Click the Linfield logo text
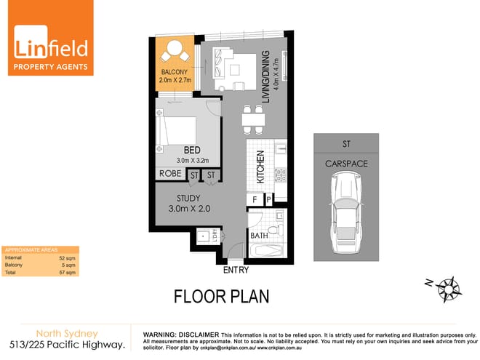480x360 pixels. coord(51,48)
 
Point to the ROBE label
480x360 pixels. coord(170,175)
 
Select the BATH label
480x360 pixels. coord(259,236)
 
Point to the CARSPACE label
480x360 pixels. coord(345,164)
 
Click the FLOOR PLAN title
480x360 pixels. coord(220,297)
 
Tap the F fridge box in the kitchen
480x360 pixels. coord(253,199)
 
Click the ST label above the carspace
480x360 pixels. coord(345,143)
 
